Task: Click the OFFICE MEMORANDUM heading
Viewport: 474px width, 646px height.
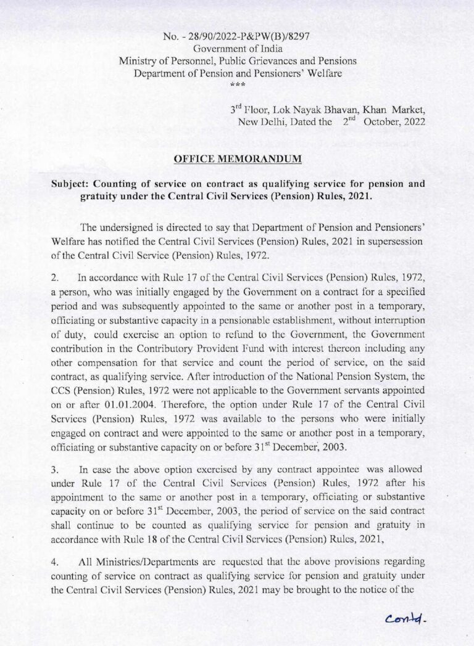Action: coord(238,159)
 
